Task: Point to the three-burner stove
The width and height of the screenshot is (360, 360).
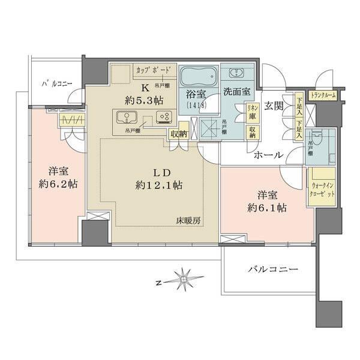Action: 163,117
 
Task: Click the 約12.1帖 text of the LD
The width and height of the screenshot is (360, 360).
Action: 159,186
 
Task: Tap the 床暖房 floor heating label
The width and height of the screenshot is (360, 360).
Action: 188,220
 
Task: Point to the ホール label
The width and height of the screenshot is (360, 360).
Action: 268,155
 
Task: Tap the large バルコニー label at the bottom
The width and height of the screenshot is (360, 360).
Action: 272,271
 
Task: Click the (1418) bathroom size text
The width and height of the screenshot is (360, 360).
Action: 196,105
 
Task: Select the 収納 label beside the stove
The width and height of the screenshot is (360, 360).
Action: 178,133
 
